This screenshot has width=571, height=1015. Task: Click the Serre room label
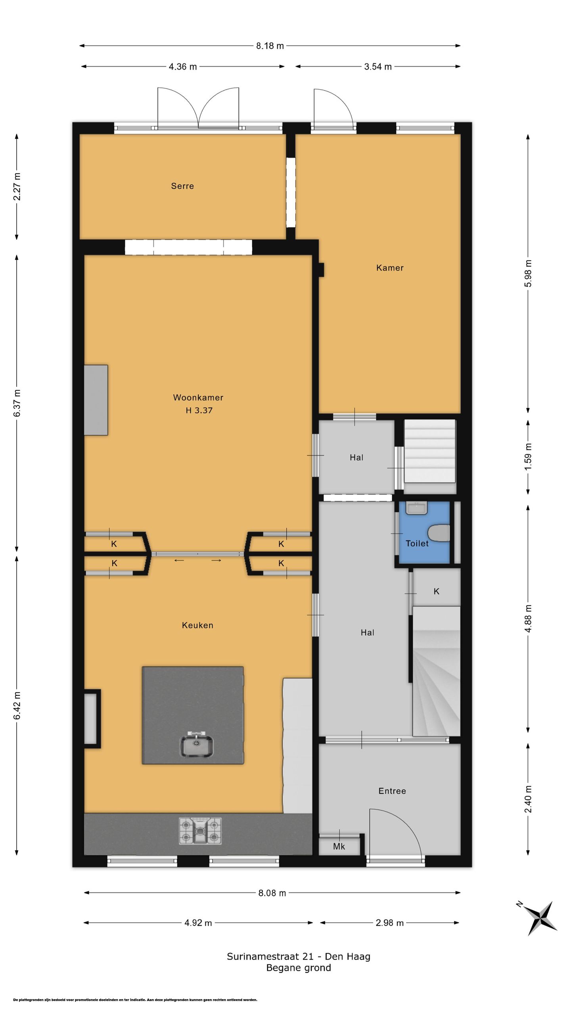[182, 186]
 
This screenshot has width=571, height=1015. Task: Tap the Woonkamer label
[198, 397]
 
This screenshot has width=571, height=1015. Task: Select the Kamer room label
[390, 268]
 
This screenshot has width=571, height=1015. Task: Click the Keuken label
[197, 625]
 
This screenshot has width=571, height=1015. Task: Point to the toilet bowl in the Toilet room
[440, 533]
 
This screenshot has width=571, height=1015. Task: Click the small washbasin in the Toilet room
[416, 508]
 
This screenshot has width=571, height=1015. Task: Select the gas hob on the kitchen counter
[200, 830]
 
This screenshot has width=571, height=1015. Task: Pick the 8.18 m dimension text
[270, 46]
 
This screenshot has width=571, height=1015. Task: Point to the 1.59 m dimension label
[528, 457]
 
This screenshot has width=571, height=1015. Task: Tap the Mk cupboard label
[339, 846]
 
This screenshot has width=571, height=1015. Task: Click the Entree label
[392, 791]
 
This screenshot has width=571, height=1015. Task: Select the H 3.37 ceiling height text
[199, 410]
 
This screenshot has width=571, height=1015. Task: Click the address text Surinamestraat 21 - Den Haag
[299, 956]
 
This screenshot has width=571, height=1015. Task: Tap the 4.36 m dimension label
[183, 67]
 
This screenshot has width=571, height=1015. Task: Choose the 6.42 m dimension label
[17, 705]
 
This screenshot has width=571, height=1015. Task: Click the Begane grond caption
[299, 968]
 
